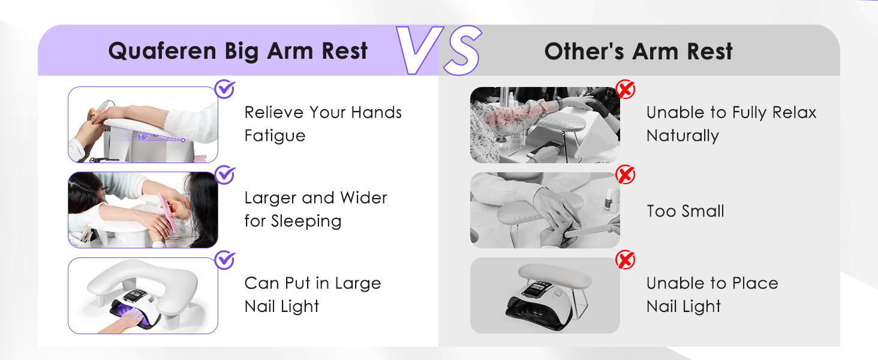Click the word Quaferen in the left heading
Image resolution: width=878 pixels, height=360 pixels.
click(163, 52)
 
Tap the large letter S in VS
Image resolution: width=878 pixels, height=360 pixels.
click(462, 50)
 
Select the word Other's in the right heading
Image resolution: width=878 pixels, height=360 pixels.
click(584, 52)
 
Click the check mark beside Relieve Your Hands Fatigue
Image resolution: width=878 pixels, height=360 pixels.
click(225, 89)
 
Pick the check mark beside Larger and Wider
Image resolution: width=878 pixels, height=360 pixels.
click(225, 175)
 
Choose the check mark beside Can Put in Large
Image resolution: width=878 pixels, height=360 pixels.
click(225, 260)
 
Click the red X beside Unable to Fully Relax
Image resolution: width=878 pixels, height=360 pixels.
click(625, 89)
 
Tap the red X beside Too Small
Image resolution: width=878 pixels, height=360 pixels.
click(625, 175)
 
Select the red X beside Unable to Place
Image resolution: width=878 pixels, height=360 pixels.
click(625, 260)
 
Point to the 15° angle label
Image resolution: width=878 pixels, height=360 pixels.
click(143, 137)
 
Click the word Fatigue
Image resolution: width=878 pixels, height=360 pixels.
click(275, 136)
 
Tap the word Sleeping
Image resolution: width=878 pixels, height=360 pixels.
click(306, 221)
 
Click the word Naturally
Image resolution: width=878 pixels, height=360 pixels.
click(683, 136)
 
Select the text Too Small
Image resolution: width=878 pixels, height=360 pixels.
click(685, 211)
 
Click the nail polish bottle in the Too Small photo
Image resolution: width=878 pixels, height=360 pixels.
click(609, 200)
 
